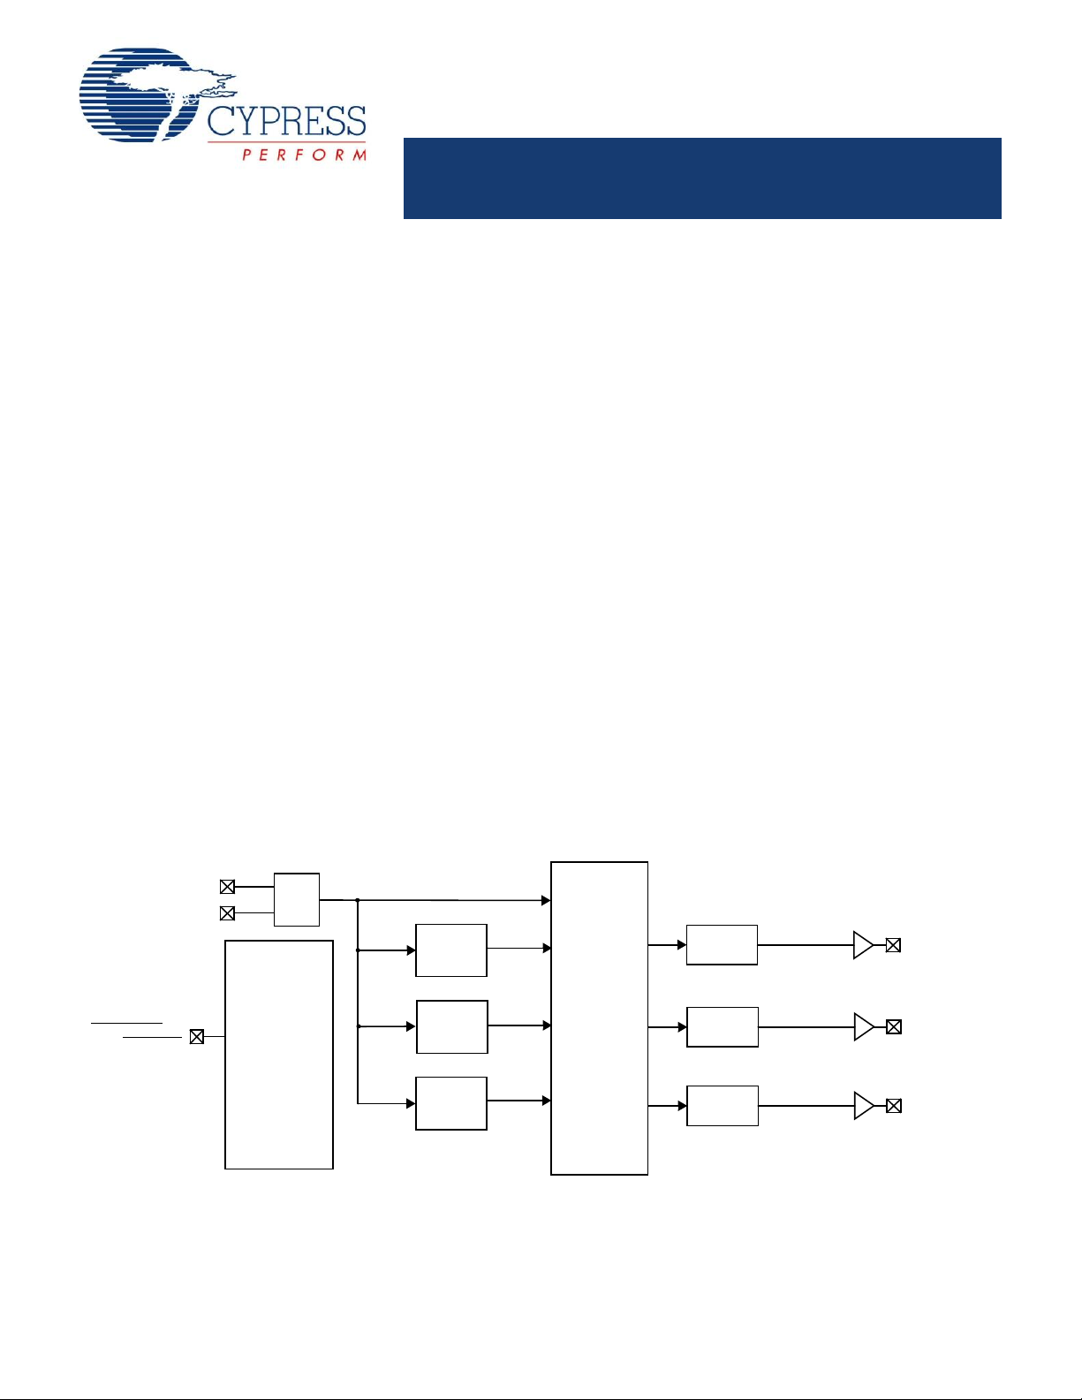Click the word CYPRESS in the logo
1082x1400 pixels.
tap(286, 121)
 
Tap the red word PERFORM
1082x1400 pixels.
tap(304, 155)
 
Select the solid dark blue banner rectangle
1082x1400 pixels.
tap(702, 178)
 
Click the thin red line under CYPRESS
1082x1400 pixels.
tap(286, 141)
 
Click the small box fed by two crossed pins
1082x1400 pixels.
tap(296, 899)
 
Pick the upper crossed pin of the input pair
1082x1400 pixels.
tap(227, 887)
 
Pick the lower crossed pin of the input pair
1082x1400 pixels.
tap(227, 913)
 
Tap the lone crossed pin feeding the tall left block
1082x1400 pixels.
tap(196, 1037)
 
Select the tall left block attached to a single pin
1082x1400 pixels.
tap(279, 1055)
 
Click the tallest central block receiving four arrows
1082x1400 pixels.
tap(599, 1018)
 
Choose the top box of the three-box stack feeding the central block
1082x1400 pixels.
tap(450, 950)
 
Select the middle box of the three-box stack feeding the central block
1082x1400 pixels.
tap(451, 1027)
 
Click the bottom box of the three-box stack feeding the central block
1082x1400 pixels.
tap(450, 1103)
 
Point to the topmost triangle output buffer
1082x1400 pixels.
tap(863, 945)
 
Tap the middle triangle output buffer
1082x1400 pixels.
tap(864, 1027)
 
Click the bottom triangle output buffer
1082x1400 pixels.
tap(864, 1106)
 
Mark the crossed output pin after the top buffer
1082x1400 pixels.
tap(893, 945)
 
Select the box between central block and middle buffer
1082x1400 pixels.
tap(722, 1027)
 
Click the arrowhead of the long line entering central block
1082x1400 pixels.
tap(546, 901)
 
